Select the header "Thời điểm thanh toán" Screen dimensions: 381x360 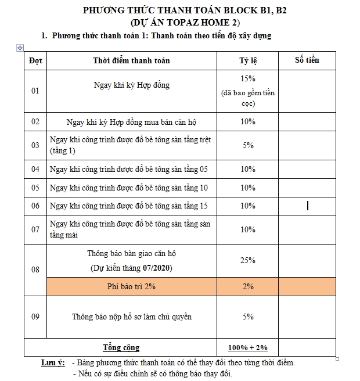coord(131,60)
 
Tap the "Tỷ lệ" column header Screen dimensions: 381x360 coord(248,60)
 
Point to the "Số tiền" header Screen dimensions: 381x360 coord(307,60)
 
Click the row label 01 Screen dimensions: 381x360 coord(35,91)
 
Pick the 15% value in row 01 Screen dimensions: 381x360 coord(248,78)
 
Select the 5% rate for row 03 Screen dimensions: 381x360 coord(248,145)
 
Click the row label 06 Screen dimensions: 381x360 coord(35,206)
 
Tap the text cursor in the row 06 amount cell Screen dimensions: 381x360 coord(307,205)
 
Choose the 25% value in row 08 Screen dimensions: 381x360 coord(248,260)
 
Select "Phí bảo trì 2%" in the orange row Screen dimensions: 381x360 coord(131,286)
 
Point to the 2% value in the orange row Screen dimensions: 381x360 coord(248,286)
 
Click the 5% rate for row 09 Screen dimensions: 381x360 coord(248,317)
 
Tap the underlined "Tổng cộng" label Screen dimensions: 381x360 coord(121,347)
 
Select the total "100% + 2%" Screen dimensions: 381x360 coord(248,347)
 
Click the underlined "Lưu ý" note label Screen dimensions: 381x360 coord(52,363)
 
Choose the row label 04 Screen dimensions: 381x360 coord(35,170)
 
